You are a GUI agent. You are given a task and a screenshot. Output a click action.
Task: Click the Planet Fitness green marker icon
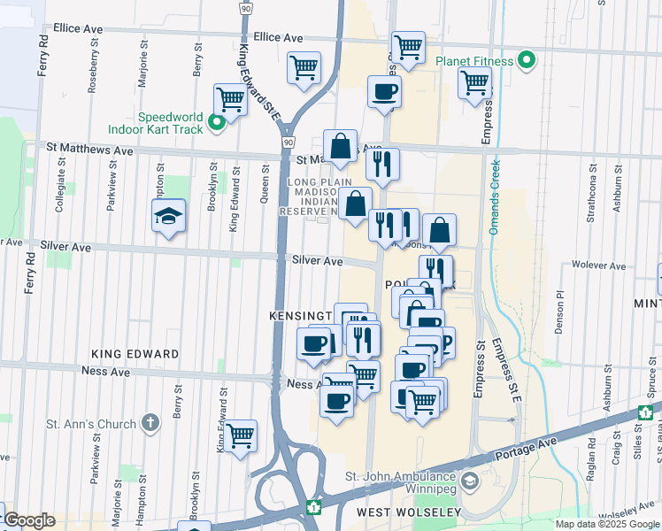(527, 61)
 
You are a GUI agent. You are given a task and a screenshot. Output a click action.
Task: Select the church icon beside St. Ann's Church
(150, 422)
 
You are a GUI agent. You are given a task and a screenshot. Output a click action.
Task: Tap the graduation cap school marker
(168, 217)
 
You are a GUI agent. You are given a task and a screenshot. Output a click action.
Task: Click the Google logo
(28, 520)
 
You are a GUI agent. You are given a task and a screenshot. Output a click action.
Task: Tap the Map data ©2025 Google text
(607, 524)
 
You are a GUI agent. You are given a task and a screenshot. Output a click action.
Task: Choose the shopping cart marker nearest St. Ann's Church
(240, 435)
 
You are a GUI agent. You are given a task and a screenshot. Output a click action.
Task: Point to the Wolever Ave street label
(599, 265)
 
